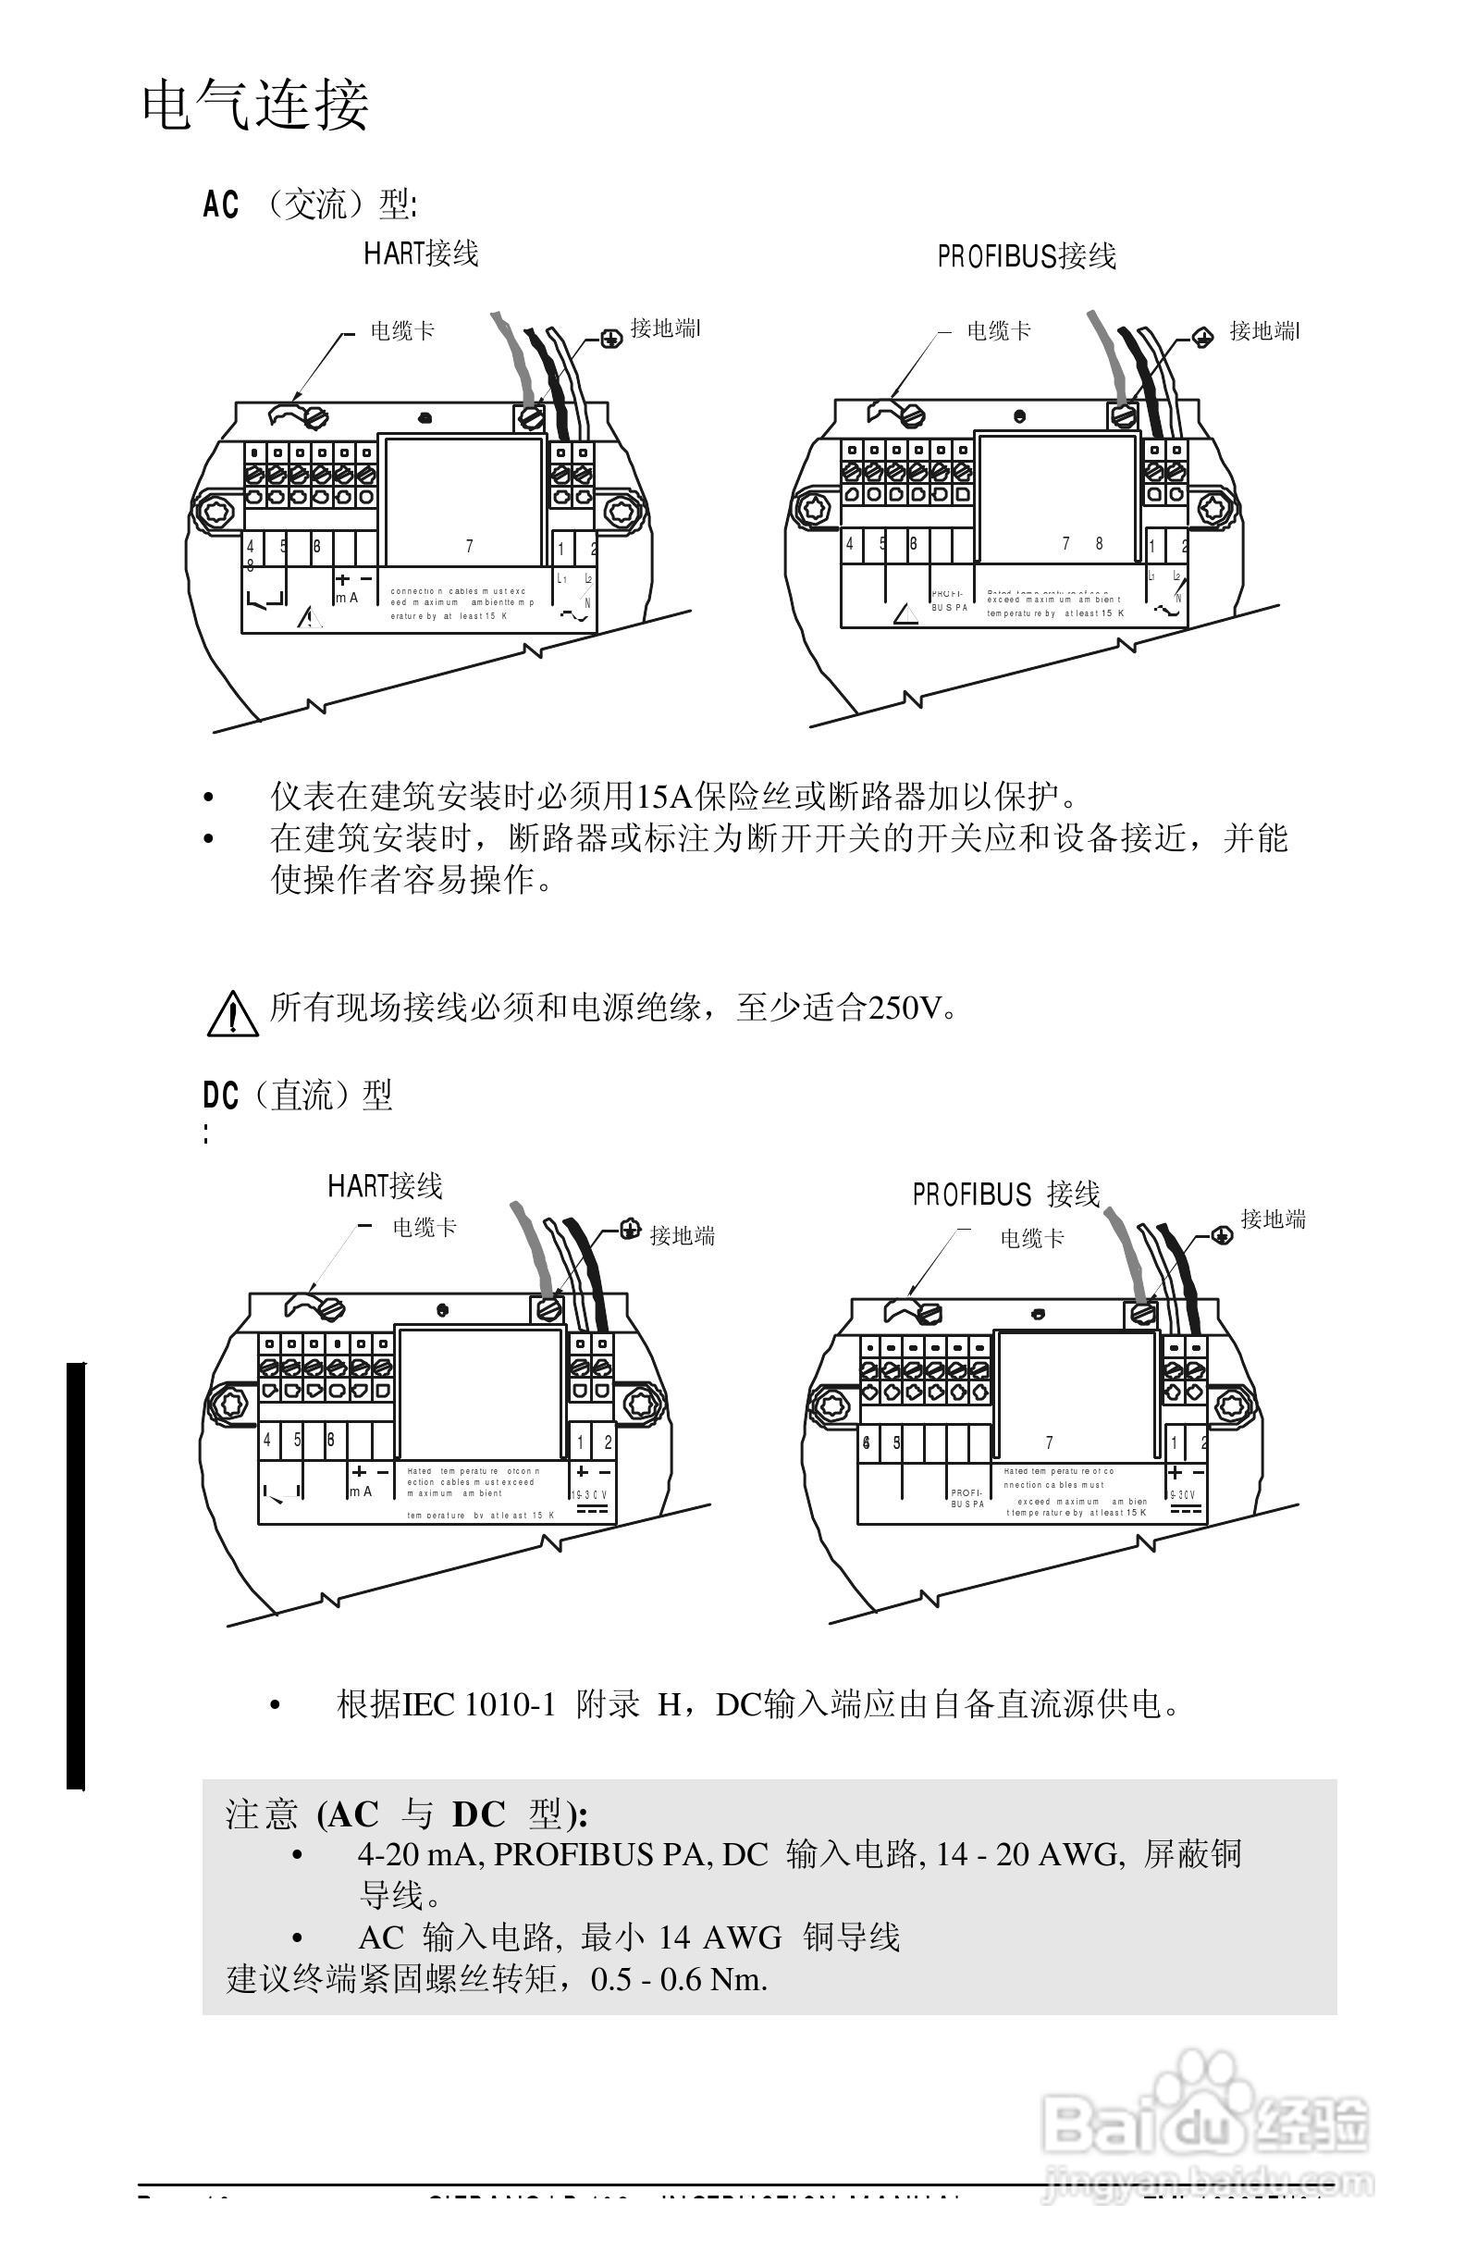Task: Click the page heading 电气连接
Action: click(255, 105)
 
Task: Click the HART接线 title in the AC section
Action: click(421, 254)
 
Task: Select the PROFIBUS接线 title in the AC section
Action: click(1027, 257)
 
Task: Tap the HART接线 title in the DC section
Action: click(386, 1186)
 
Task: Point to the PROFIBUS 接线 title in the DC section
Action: click(1006, 1194)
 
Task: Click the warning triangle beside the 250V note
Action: click(232, 1013)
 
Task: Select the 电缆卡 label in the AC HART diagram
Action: click(402, 331)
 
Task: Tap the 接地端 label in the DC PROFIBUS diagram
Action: click(1273, 1219)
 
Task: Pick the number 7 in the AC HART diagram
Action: click(469, 546)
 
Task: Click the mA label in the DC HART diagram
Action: click(361, 1492)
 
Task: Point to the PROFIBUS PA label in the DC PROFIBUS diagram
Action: click(966, 1499)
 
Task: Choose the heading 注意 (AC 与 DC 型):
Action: click(407, 1814)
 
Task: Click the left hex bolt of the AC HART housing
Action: click(213, 508)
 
